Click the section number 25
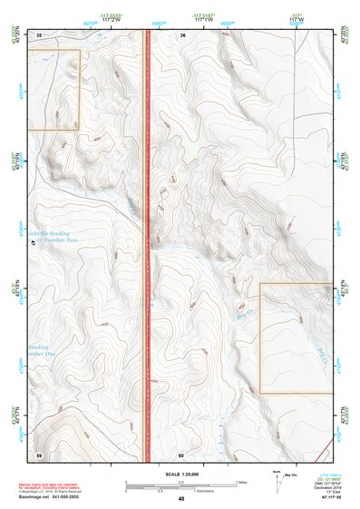(40, 34)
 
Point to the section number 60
(181, 454)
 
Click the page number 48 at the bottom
(181, 499)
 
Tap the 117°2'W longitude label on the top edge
(112, 18)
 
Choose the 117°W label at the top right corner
(297, 18)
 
